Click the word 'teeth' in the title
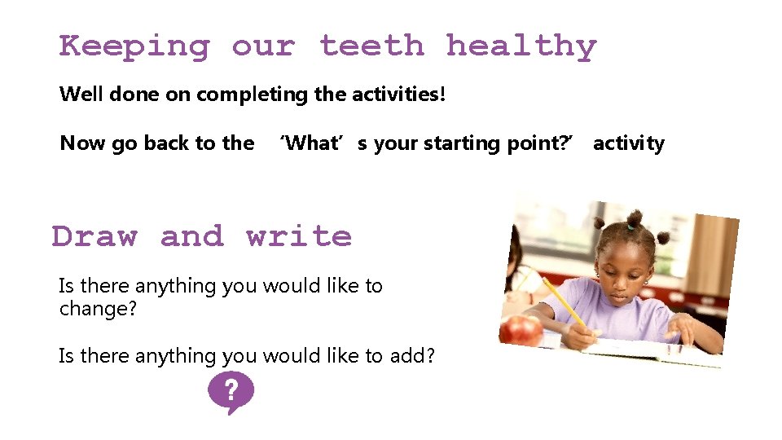point(371,46)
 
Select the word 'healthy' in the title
point(521,47)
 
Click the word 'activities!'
point(398,94)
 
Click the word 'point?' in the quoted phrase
point(525,144)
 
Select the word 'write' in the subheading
point(299,236)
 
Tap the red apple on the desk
point(521,331)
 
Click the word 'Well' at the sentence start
point(81,94)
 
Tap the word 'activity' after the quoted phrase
point(628,144)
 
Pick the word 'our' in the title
point(263,47)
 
